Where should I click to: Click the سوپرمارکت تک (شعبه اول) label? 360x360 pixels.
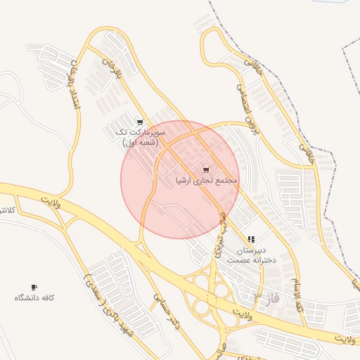[141, 136]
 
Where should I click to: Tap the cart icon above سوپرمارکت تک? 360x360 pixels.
[140, 122]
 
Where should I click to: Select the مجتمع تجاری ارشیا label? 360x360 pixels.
[207, 181]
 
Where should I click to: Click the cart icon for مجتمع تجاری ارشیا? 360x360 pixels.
[205, 170]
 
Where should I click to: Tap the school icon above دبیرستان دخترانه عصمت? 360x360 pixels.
[251, 240]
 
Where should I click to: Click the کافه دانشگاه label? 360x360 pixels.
[34, 297]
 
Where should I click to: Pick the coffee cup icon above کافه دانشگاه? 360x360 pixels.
[34, 287]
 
